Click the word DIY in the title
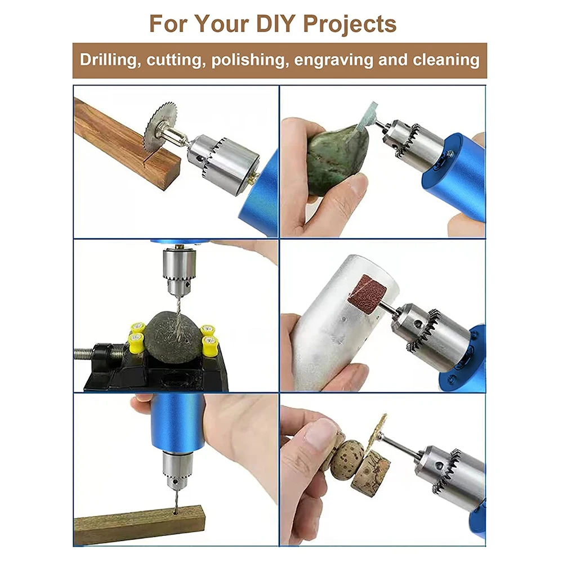pos(275,24)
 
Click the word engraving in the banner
pos(333,60)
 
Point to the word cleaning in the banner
pos(446,60)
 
